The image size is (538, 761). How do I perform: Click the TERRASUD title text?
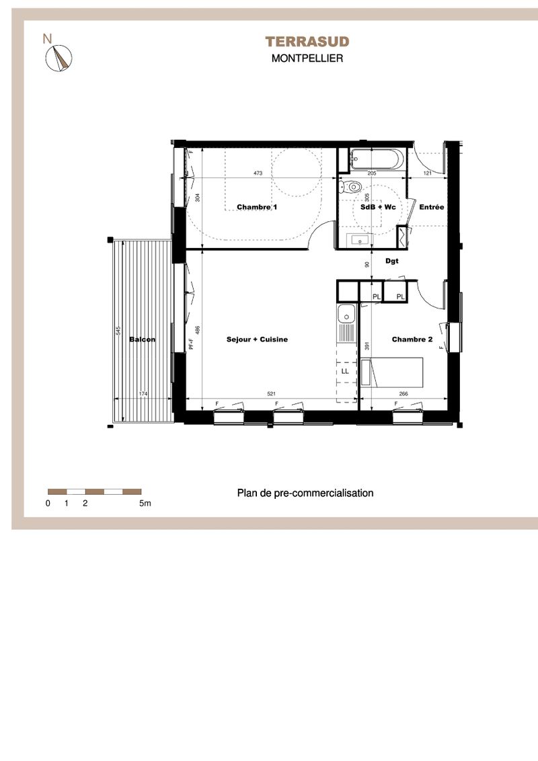point(307,42)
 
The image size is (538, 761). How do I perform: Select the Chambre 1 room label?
point(257,207)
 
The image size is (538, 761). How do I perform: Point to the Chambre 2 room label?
point(412,339)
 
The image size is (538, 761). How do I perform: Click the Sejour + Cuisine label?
point(257,339)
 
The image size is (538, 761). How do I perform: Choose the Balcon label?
point(143,339)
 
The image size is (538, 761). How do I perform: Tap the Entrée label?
point(432,207)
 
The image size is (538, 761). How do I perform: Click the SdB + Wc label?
point(378,207)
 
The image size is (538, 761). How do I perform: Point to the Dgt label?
point(392,261)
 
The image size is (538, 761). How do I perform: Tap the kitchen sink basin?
point(346,315)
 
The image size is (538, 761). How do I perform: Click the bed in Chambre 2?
point(391,372)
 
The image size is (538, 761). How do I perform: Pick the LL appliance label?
point(345,371)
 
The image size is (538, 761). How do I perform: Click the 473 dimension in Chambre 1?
point(258,173)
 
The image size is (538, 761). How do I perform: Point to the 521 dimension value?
point(272,394)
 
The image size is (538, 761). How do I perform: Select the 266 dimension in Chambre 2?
point(403,394)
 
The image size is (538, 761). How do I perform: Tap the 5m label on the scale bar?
point(145,504)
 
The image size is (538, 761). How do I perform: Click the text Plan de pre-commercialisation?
point(305,493)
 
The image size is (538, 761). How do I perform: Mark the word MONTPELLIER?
point(307,58)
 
